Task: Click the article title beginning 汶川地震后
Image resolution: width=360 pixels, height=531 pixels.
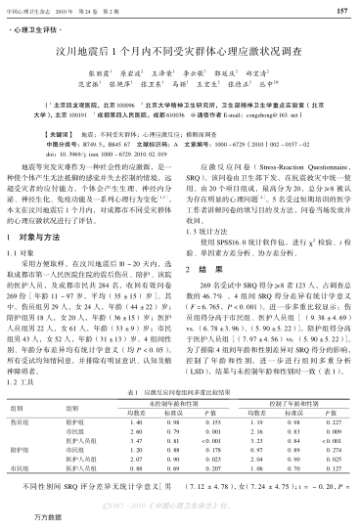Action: (x=179, y=50)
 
